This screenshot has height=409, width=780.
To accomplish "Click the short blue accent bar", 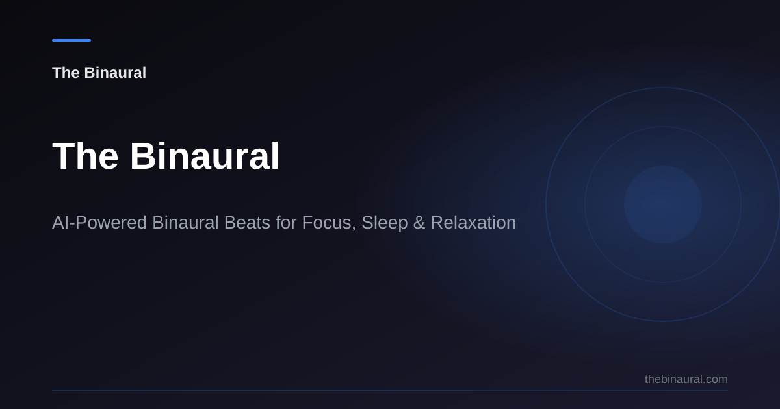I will click(x=71, y=40).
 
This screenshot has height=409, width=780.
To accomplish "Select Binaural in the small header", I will click(x=115, y=73).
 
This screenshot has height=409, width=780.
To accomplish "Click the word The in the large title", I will click(x=85, y=156).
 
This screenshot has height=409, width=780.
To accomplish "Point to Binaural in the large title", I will click(x=205, y=156).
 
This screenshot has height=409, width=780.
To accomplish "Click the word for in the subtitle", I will click(x=286, y=223).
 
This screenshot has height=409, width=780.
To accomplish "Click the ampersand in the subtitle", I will click(x=419, y=223).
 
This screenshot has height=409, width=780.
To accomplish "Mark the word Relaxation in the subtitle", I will click(x=473, y=223).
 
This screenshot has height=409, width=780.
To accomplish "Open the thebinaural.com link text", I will click(x=686, y=379).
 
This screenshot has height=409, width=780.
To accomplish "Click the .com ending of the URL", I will click(x=716, y=379).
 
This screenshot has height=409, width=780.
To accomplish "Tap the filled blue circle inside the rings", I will click(x=663, y=204).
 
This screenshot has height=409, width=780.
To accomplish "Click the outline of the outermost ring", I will click(x=546, y=204).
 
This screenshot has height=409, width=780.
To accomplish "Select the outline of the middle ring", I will click(x=585, y=204).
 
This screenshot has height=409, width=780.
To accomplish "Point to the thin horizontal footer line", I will click(x=390, y=390).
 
